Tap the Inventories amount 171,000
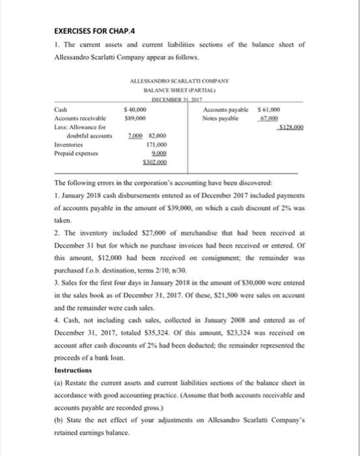pyautogui.click(x=153, y=143)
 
